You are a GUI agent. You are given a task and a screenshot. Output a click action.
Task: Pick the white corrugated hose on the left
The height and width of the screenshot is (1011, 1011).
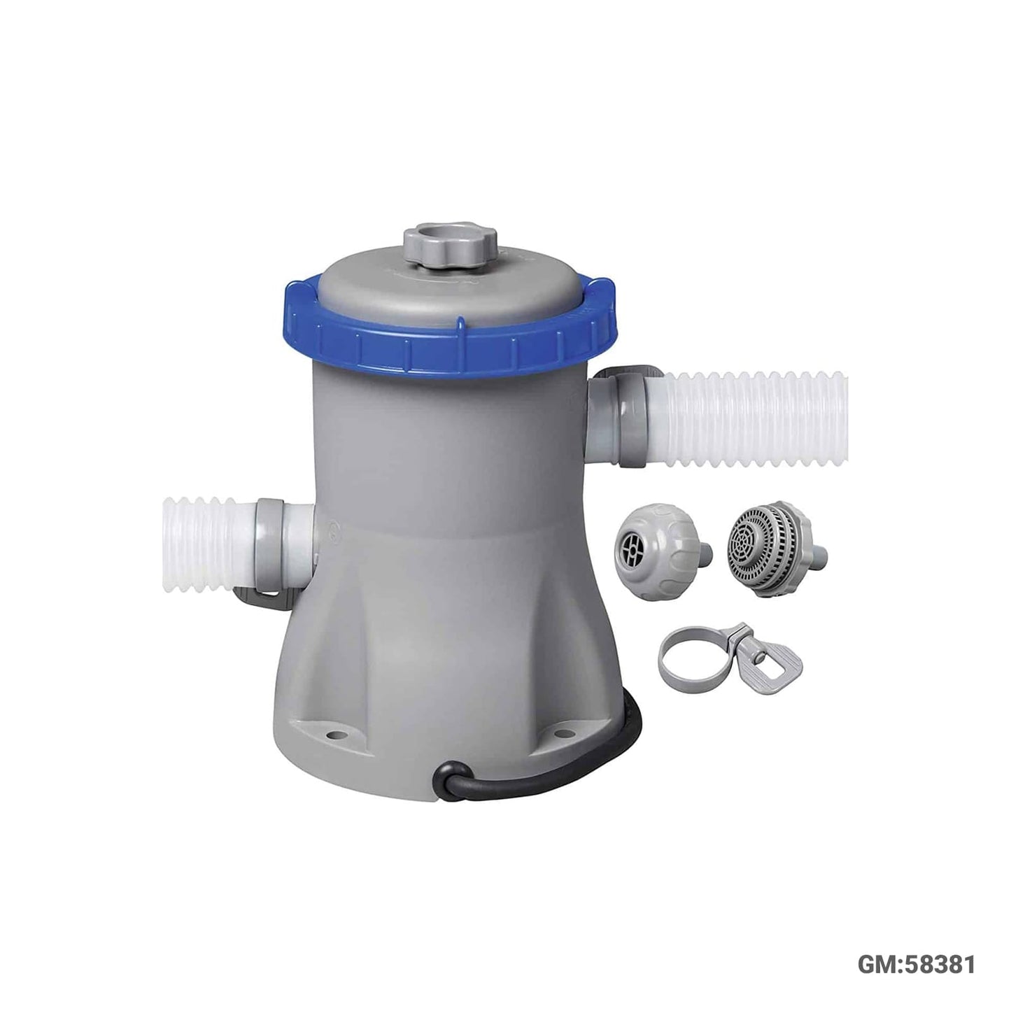(x=210, y=546)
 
